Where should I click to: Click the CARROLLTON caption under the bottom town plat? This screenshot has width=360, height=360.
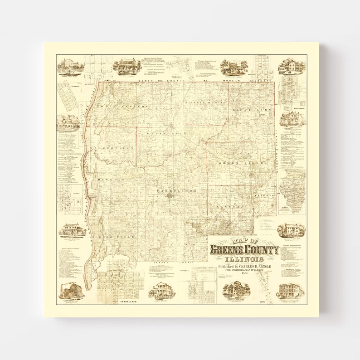coord(123,301)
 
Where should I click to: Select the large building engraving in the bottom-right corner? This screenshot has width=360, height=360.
coord(291,291)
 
